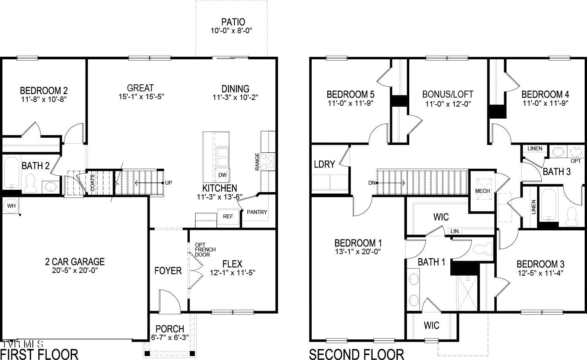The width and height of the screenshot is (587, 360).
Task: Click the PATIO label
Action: pyautogui.click(x=233, y=22)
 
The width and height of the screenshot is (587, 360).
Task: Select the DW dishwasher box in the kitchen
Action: pyautogui.click(x=222, y=175)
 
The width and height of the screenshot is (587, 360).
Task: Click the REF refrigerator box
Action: pyautogui.click(x=228, y=216)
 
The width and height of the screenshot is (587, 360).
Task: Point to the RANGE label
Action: pyautogui.click(x=257, y=161)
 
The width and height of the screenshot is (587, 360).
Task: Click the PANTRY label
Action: pyautogui.click(x=257, y=212)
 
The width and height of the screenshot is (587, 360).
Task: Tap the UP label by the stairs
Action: pyautogui.click(x=168, y=183)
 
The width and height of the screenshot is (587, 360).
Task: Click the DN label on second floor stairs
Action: pyautogui.click(x=371, y=183)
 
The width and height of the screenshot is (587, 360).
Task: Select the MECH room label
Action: pyautogui.click(x=482, y=191)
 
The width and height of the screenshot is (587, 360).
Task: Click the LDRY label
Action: pyautogui.click(x=324, y=164)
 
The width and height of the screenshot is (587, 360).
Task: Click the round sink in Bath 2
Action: pyautogui.click(x=50, y=187)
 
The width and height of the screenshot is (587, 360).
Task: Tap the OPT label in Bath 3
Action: pyautogui.click(x=576, y=161)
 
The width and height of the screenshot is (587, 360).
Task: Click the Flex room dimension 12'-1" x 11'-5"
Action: pyautogui.click(x=233, y=273)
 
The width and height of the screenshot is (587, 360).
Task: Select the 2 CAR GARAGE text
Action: pyautogui.click(x=75, y=262)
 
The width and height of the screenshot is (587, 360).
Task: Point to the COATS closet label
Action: pyautogui.click(x=93, y=183)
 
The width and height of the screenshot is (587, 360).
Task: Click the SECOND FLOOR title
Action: pyautogui.click(x=356, y=354)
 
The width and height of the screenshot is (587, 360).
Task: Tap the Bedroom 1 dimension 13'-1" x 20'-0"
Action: pyautogui.click(x=358, y=252)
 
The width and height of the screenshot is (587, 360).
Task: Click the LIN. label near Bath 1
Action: pyautogui.click(x=455, y=231)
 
